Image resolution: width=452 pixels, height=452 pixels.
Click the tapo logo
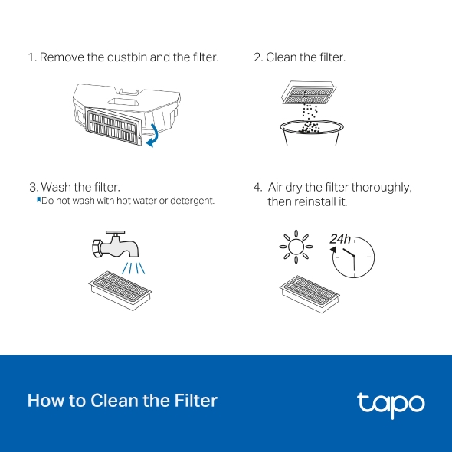click(390, 403)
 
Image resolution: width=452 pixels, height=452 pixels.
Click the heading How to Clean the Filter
click(123, 400)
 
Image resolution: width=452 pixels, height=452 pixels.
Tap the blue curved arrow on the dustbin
click(154, 134)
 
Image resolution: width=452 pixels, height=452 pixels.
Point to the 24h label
click(340, 239)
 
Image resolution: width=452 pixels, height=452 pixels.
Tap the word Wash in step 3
click(57, 187)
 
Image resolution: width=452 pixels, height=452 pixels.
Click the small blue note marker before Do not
click(38, 200)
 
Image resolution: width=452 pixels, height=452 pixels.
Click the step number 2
click(257, 57)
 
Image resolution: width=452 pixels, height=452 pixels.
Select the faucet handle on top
click(116, 231)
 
